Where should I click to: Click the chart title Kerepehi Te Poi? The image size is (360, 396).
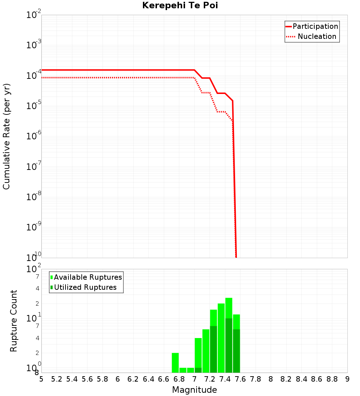click(180, 5)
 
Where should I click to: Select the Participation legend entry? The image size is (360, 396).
click(315, 26)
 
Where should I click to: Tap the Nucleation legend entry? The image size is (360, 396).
click(316, 36)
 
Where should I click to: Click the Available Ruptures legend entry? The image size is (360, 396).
click(87, 277)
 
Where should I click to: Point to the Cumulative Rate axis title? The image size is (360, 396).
click(6, 136)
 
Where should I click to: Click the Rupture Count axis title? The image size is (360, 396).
click(14, 321)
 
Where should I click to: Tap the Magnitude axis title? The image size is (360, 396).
click(194, 390)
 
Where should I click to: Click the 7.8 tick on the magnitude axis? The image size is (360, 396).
click(256, 379)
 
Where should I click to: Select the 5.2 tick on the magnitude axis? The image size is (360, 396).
click(57, 379)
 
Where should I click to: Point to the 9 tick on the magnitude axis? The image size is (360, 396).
click(347, 379)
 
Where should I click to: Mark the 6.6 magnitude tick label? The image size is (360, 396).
click(164, 379)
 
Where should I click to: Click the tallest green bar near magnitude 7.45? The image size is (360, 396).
click(229, 335)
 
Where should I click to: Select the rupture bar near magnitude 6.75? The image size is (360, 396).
click(175, 363)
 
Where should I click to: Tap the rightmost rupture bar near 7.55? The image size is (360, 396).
click(237, 343)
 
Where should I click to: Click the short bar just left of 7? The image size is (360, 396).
click(190, 370)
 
